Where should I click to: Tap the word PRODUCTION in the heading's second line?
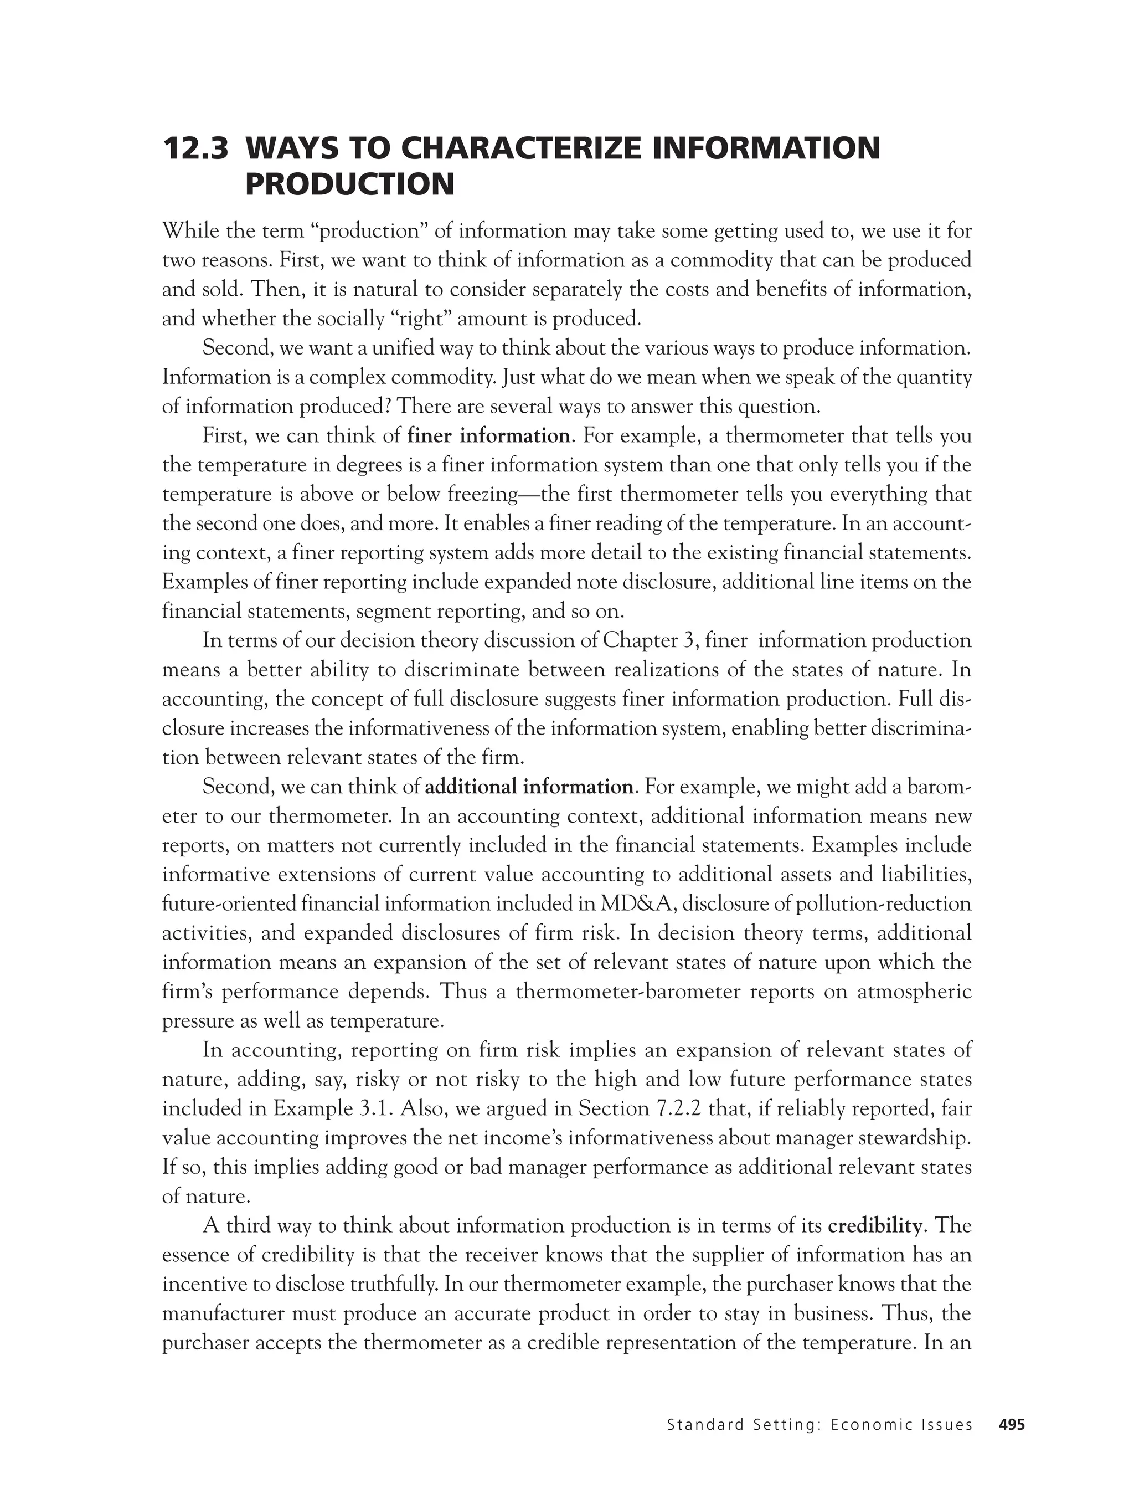349,184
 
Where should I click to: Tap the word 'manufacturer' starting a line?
227,1314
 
